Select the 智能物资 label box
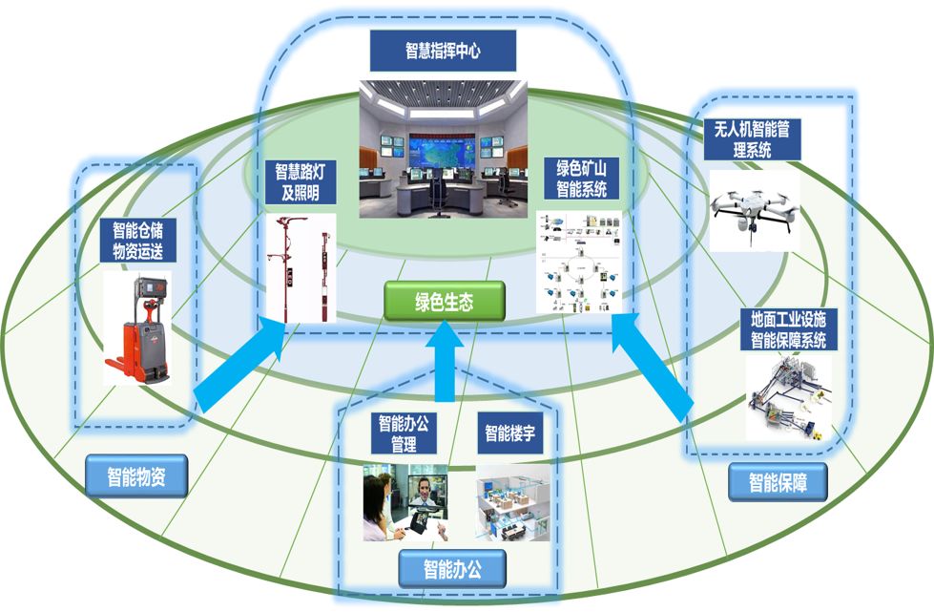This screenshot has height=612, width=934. click(136, 475)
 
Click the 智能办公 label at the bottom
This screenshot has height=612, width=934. click(452, 570)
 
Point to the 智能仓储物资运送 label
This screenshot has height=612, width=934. click(137, 241)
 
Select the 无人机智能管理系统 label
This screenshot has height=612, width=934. click(752, 138)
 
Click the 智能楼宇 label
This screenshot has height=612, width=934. click(509, 433)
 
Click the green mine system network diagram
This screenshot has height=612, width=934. click(579, 262)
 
